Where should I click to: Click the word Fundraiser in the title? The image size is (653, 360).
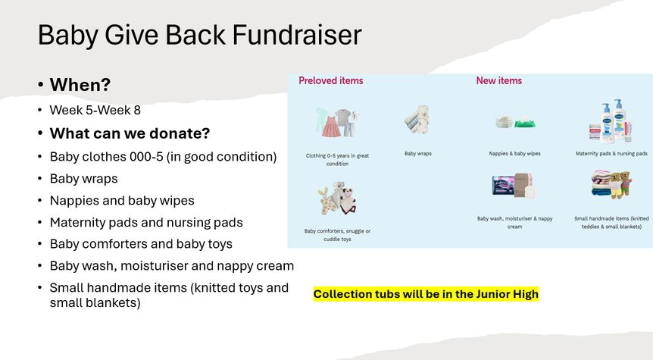(x=296, y=34)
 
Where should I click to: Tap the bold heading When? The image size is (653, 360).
(x=80, y=85)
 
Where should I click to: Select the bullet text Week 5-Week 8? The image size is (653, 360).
(x=95, y=110)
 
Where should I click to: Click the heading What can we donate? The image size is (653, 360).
(x=130, y=133)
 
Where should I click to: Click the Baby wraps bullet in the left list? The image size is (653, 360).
(x=83, y=179)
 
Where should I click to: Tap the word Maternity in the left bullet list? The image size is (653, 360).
(x=77, y=223)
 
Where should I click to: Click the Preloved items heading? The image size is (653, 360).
(x=330, y=80)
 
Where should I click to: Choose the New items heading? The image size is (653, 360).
(x=499, y=80)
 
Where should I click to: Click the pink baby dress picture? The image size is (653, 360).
(x=331, y=127)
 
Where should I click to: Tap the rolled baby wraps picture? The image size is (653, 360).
(x=417, y=120)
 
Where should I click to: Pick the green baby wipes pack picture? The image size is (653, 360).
(x=524, y=124)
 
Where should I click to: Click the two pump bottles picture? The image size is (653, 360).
(x=612, y=121)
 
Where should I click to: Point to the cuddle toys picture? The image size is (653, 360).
(x=337, y=199)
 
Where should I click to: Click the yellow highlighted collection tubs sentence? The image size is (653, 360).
(x=426, y=294)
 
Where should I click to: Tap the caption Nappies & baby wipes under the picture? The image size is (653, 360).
(x=514, y=153)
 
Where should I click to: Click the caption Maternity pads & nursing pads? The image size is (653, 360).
(x=611, y=153)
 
